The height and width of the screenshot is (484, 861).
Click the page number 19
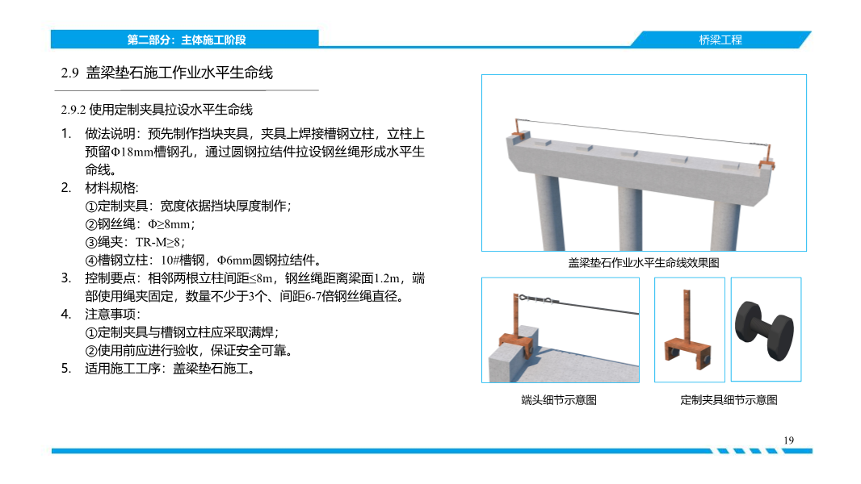(x=789, y=440)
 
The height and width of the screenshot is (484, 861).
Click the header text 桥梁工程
(x=720, y=39)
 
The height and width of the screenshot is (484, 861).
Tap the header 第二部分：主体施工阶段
(x=186, y=39)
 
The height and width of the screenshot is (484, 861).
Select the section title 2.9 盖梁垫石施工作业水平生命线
(x=167, y=73)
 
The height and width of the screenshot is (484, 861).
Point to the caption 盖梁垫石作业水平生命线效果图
(x=644, y=262)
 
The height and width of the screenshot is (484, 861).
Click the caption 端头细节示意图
(x=559, y=400)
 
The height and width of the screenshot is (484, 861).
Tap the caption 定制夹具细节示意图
(x=729, y=400)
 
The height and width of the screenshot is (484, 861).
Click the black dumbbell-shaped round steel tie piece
(x=766, y=330)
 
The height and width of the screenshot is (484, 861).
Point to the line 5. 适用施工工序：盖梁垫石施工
(x=159, y=369)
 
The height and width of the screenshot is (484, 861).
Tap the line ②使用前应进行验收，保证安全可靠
(x=189, y=350)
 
